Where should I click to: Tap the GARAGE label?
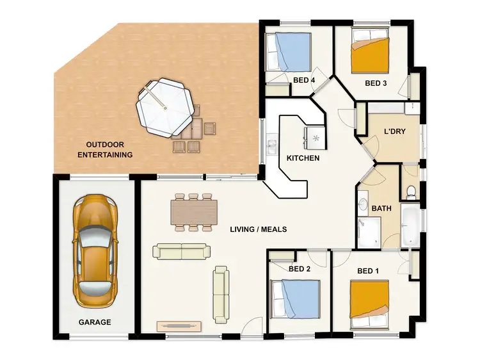tap(95, 322)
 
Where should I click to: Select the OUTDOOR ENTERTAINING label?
tap(105, 149)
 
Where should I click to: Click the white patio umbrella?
tap(164, 106)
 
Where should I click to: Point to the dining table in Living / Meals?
tap(194, 212)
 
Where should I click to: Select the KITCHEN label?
tap(303, 158)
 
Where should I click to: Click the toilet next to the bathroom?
tap(412, 190)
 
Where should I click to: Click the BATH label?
tap(381, 208)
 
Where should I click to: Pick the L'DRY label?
tap(394, 131)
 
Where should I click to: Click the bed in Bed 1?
tap(370, 299)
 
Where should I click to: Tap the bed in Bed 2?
tap(297, 299)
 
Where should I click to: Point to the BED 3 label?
tap(376, 83)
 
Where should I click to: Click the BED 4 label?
tap(305, 80)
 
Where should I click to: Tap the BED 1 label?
tap(368, 270)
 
